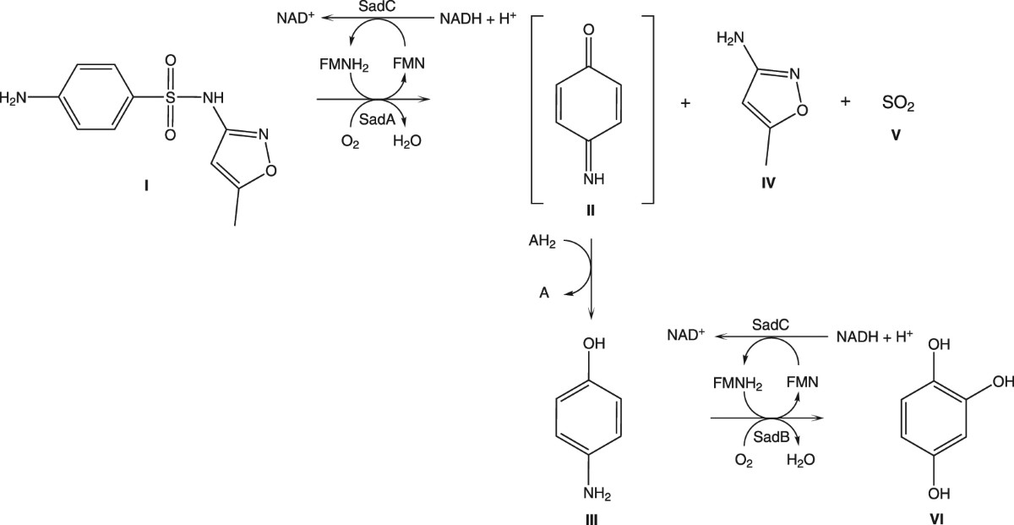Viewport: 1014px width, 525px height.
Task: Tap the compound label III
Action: [591, 518]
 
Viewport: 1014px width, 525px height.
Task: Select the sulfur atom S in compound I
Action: [171, 98]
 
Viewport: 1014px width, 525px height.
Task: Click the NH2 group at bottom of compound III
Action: [594, 493]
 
